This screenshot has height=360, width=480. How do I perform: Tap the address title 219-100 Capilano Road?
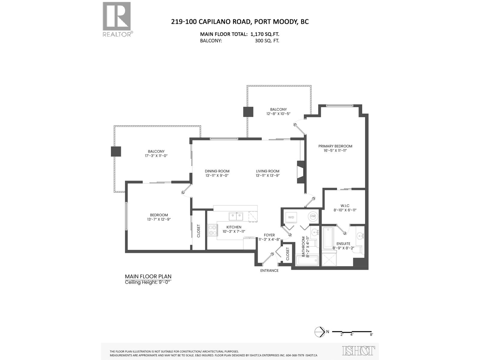(x=240, y=22)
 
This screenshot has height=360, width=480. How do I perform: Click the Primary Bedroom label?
(x=335, y=146)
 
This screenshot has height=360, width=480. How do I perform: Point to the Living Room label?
(x=268, y=171)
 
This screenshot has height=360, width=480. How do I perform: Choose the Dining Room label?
(x=217, y=171)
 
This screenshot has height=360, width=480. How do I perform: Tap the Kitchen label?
(x=234, y=227)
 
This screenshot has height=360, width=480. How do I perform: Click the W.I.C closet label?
(x=345, y=206)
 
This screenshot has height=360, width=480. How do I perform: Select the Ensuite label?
(x=343, y=244)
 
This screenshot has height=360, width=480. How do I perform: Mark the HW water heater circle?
(x=313, y=216)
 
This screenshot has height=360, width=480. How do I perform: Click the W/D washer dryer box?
(x=291, y=217)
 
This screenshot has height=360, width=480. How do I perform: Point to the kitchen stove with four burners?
(x=213, y=230)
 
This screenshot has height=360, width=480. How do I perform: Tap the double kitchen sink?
(x=236, y=216)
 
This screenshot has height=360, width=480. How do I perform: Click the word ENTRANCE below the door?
(x=269, y=271)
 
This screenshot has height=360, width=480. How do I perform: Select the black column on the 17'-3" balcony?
(x=116, y=151)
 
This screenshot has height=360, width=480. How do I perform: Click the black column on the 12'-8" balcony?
(x=248, y=112)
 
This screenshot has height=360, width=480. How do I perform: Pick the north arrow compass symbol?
(x=320, y=331)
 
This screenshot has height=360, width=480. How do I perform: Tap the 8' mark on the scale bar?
(x=371, y=334)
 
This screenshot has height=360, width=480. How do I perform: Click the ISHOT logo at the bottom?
(x=358, y=350)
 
